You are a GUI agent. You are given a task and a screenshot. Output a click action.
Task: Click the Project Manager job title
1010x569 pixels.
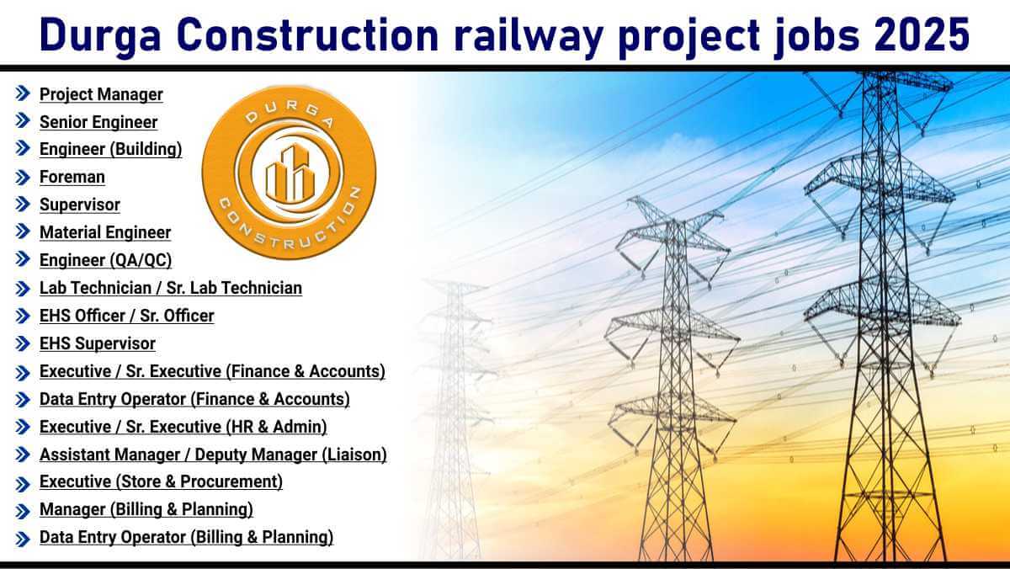coord(101,94)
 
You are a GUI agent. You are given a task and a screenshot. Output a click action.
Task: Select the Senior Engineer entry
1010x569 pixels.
coord(98,122)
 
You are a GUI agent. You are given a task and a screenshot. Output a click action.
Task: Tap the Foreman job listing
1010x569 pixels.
coord(72,178)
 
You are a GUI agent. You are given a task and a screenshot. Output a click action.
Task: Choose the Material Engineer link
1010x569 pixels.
coord(105,232)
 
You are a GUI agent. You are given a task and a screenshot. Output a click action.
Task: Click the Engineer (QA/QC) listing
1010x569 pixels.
coord(105,261)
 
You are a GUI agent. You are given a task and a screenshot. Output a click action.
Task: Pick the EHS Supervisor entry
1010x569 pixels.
coord(98,343)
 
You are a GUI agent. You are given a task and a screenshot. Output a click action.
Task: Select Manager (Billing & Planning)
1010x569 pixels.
coord(146,509)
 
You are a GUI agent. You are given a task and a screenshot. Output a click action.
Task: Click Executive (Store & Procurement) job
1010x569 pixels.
coord(161,481)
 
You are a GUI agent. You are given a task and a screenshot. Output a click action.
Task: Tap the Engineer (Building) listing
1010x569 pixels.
coord(110,149)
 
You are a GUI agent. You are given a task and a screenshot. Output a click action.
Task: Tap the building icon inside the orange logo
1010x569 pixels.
coord(289,173)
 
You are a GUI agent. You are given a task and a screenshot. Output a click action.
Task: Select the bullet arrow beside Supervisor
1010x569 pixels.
coord(23,205)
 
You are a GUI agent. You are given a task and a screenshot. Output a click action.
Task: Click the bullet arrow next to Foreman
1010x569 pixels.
coord(23,178)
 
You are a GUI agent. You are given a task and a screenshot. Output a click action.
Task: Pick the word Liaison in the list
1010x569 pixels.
coord(354,455)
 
